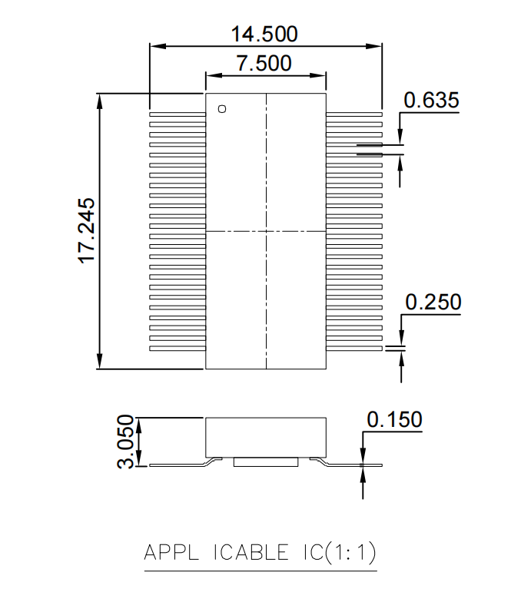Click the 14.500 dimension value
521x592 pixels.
pos(264,34)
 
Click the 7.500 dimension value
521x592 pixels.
pos(264,63)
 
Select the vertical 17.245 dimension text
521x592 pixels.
pos(87,230)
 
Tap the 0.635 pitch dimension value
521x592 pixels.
pos(431,100)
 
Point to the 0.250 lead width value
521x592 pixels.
pos(433,302)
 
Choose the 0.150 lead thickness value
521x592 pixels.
pos(394,419)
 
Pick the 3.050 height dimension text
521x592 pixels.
pos(126,442)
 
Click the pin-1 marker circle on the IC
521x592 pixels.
pos(222,109)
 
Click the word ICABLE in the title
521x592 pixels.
pos(251,552)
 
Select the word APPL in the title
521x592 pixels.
pos(171,552)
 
